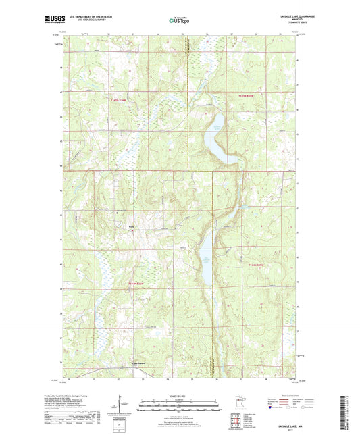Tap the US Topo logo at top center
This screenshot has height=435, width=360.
click(x=179, y=20)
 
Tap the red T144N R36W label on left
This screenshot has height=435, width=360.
click(x=138, y=284)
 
